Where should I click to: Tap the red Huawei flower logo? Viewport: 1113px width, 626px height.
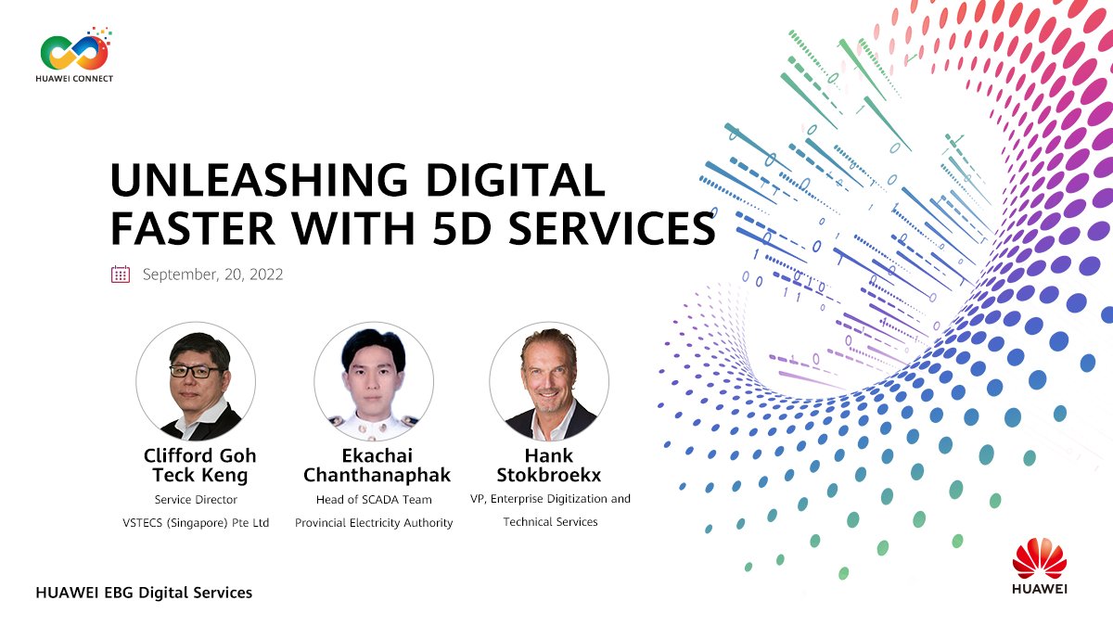click(1040, 558)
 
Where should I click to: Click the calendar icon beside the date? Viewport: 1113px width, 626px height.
click(121, 274)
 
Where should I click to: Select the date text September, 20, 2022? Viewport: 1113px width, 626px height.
click(212, 275)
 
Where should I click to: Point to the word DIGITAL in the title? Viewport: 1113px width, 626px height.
click(517, 179)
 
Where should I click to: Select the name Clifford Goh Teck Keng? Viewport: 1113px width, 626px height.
click(199, 465)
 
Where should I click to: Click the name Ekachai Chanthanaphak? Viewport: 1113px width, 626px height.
click(377, 465)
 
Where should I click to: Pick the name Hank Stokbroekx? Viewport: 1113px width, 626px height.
click(549, 465)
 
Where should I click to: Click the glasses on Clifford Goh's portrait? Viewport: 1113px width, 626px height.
click(196, 371)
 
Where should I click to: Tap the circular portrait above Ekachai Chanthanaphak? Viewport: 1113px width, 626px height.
click(374, 381)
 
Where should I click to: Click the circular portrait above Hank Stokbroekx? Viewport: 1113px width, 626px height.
click(549, 381)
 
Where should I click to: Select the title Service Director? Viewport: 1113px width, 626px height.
click(196, 500)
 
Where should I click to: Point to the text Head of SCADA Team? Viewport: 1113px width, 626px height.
click(374, 500)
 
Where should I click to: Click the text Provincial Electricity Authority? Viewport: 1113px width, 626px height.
click(374, 523)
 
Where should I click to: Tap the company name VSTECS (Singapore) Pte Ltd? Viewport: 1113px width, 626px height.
click(196, 523)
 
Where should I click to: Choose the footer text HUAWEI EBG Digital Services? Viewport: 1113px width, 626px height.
click(144, 592)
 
